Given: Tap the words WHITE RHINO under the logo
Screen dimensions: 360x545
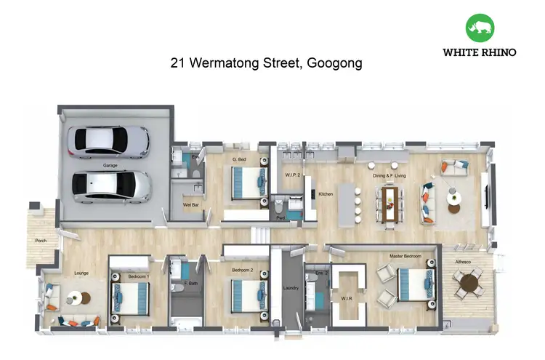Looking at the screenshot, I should (x=480, y=52).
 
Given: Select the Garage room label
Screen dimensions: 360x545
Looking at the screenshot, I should (x=110, y=166).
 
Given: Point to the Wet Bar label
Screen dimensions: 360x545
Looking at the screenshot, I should (x=191, y=205).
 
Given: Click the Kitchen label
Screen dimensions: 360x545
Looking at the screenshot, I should (x=325, y=194).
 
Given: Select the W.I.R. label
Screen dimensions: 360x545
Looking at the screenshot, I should (x=347, y=297).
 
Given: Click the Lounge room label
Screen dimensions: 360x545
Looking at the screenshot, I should (x=81, y=273).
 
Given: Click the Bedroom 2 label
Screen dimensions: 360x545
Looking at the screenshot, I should (x=242, y=270).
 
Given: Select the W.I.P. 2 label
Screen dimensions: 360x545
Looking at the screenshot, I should (x=293, y=175).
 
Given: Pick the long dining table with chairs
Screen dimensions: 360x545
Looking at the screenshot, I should (x=389, y=203).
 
